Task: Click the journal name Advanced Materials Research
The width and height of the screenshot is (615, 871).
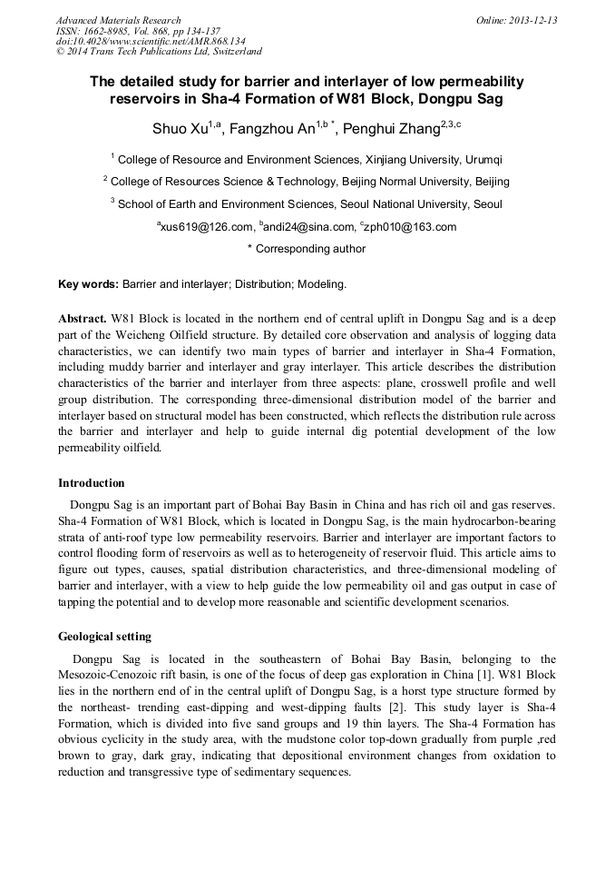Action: [118, 20]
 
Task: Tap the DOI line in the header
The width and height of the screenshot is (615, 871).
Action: [151, 41]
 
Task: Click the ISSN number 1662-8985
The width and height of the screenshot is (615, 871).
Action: [115, 31]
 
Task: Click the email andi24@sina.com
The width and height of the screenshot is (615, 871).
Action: [308, 227]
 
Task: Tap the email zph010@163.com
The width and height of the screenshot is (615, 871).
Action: [410, 227]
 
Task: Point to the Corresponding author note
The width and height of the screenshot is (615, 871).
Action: [307, 249]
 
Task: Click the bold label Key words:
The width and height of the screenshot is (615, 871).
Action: [88, 284]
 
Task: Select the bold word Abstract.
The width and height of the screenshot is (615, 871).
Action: [83, 321]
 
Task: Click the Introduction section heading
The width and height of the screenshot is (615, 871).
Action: [92, 483]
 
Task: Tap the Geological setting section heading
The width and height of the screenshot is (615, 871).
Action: [104, 637]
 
